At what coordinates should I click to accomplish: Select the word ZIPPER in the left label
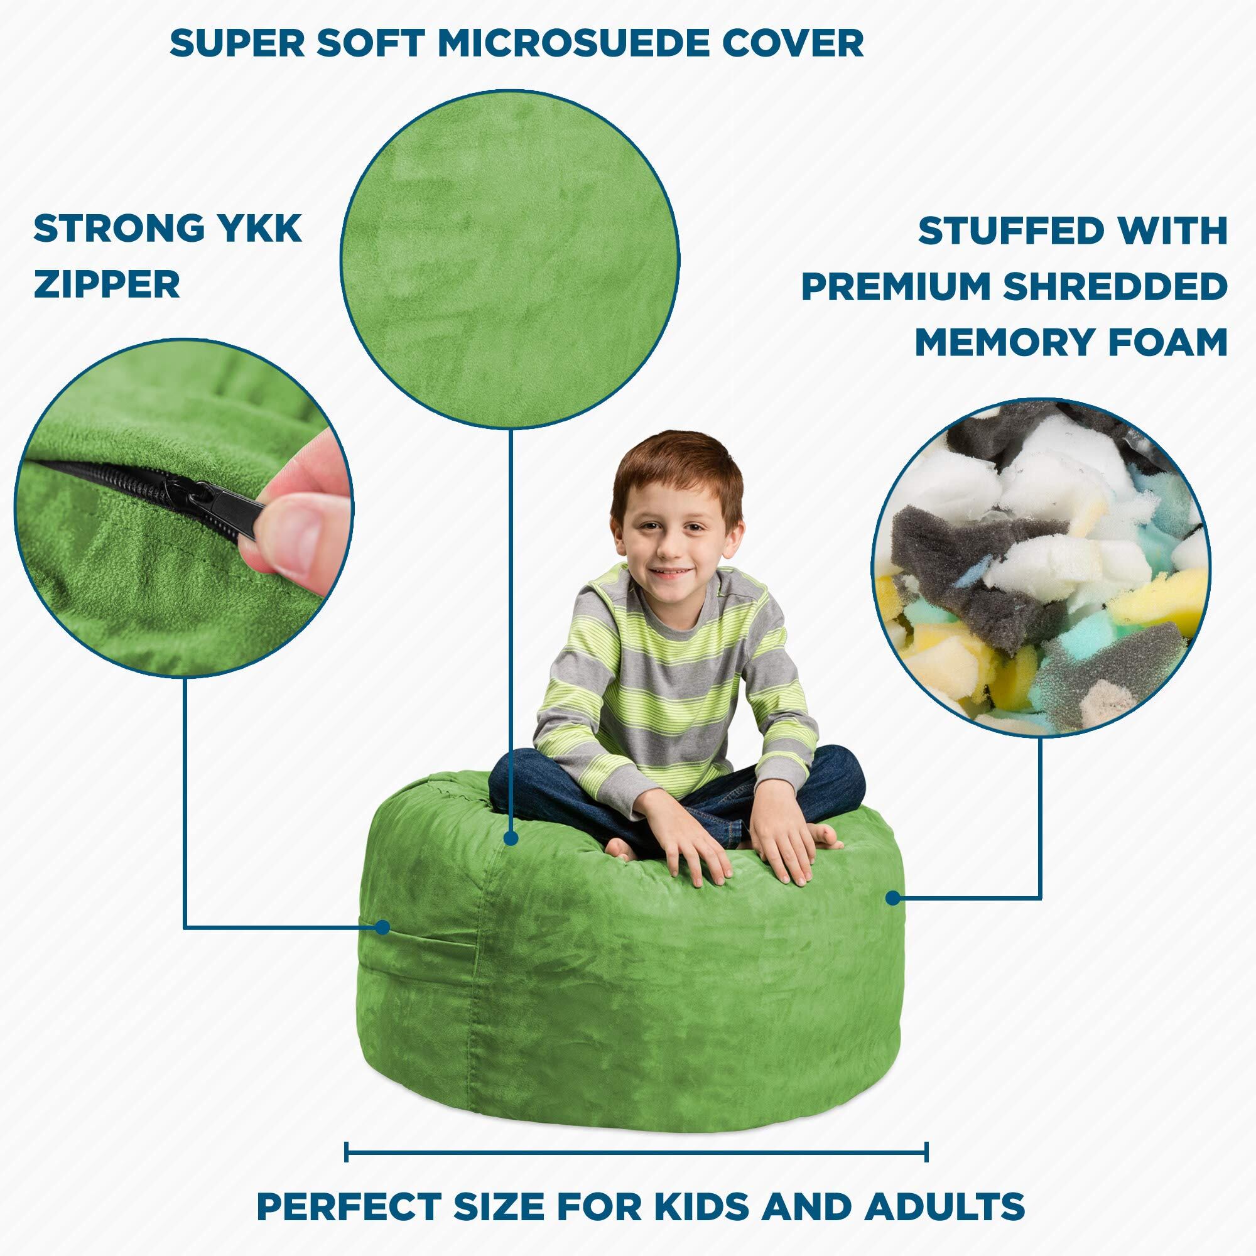pos(107,284)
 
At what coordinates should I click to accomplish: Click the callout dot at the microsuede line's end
pos(512,838)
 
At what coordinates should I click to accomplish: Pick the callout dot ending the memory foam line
pos(893,899)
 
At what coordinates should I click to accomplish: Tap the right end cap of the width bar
pos(926,1115)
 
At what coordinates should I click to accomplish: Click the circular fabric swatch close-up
pos(510,259)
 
